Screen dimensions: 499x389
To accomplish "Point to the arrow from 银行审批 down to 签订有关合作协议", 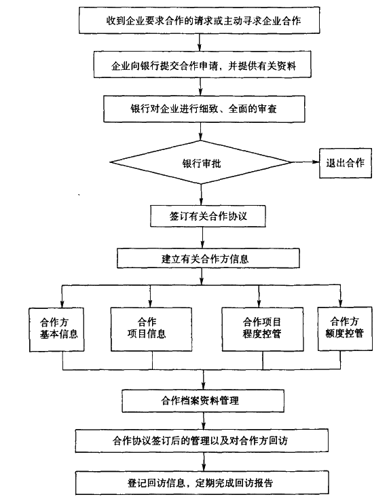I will tap(202, 191).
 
